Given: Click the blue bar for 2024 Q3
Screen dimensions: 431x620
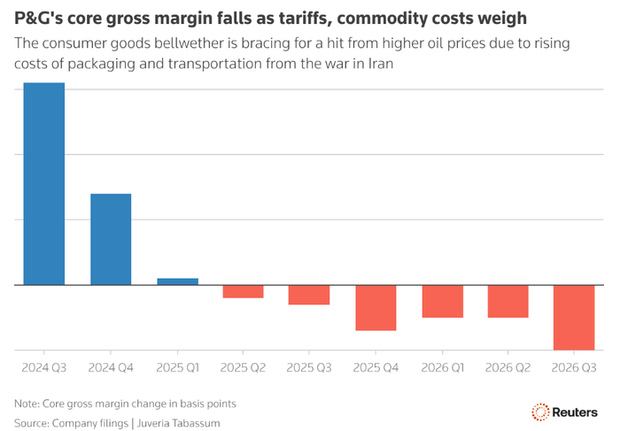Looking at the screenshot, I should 43,184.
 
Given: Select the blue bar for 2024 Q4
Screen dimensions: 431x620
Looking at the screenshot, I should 111,239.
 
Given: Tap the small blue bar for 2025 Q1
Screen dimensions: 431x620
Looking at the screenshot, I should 177,281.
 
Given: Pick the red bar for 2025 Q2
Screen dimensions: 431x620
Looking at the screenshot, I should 243,291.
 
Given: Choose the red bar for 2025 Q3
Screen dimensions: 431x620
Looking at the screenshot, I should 309,295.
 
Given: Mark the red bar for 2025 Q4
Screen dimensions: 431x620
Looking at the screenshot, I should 376,307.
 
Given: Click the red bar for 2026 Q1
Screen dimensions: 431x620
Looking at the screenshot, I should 442,301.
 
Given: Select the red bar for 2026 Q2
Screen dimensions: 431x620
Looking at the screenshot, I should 508,301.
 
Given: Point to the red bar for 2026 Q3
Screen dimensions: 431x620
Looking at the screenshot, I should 574,317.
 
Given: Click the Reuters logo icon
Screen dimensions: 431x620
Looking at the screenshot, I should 540,412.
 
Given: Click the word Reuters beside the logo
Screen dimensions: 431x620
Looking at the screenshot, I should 577,412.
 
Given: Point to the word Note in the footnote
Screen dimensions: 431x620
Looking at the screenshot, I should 28,403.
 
